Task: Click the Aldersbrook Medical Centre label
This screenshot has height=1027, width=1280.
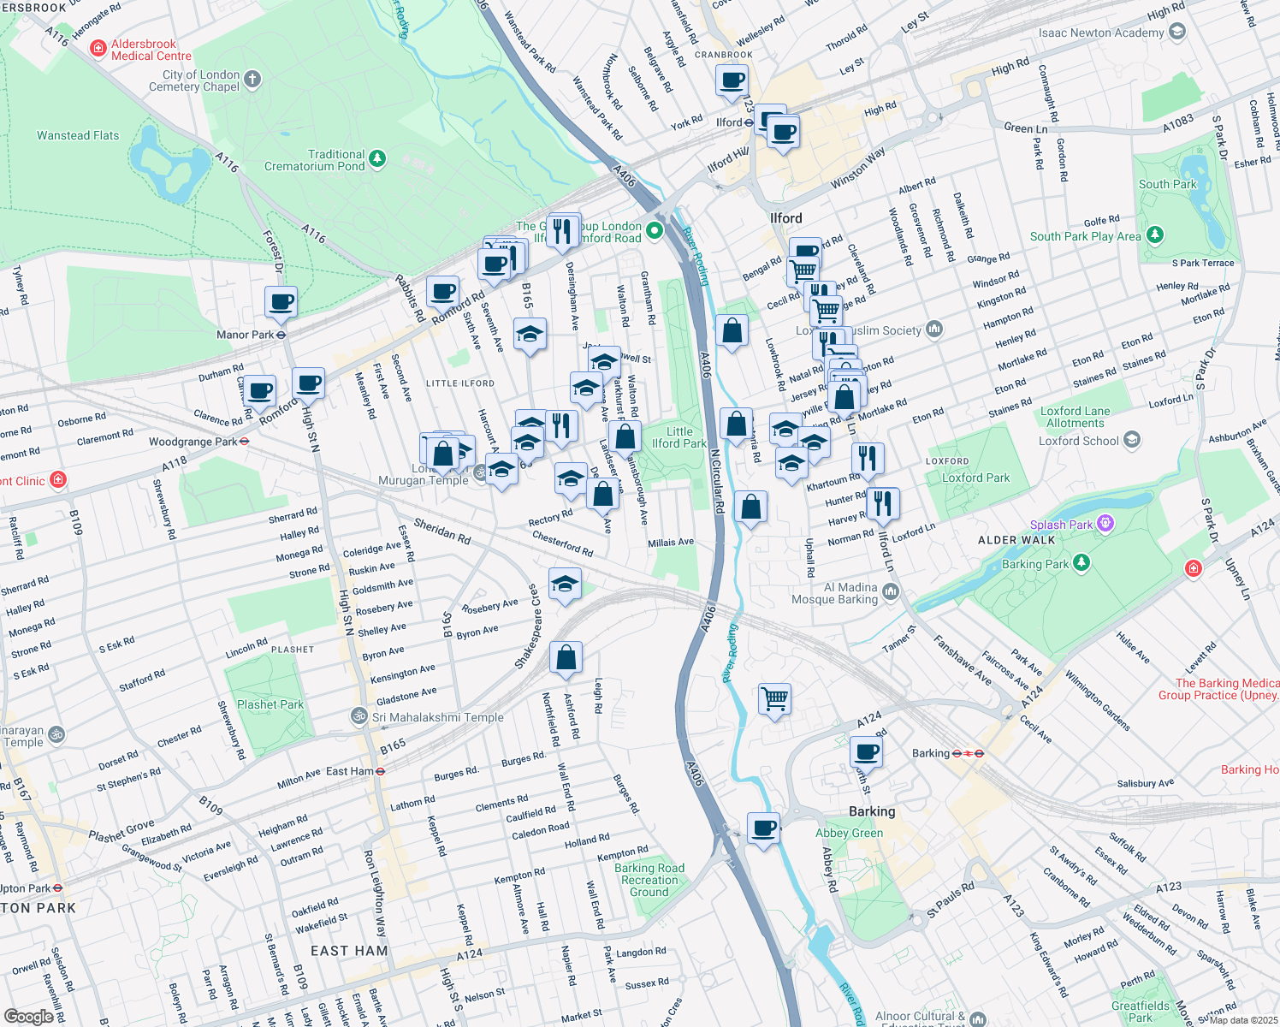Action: pos(143,50)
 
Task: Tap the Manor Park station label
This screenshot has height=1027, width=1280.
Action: pos(245,335)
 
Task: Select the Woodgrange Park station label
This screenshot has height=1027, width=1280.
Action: pos(193,442)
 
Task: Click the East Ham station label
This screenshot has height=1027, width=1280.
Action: pos(350,771)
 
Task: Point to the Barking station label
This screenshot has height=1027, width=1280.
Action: pos(931,753)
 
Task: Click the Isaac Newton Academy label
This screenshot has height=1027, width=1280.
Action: pos(1101,33)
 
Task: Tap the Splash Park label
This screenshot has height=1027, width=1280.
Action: pos(1061,525)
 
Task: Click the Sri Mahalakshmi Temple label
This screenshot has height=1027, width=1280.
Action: pos(437,717)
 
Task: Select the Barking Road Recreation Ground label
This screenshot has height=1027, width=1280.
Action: pos(649,880)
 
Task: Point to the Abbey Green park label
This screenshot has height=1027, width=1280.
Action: pos(849,833)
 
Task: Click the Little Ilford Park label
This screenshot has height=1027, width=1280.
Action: pos(679,437)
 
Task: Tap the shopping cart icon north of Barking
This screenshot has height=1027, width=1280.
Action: pos(774,698)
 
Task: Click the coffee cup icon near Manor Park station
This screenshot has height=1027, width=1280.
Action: pos(281,302)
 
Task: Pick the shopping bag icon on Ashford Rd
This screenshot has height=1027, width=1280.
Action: pos(566,657)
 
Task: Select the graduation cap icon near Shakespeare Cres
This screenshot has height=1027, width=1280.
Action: pos(564,585)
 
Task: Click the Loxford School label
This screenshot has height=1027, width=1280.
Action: pos(1078,441)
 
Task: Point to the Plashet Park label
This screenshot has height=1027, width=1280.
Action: pos(270,704)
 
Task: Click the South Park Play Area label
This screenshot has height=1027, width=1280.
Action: pos(1085,236)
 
